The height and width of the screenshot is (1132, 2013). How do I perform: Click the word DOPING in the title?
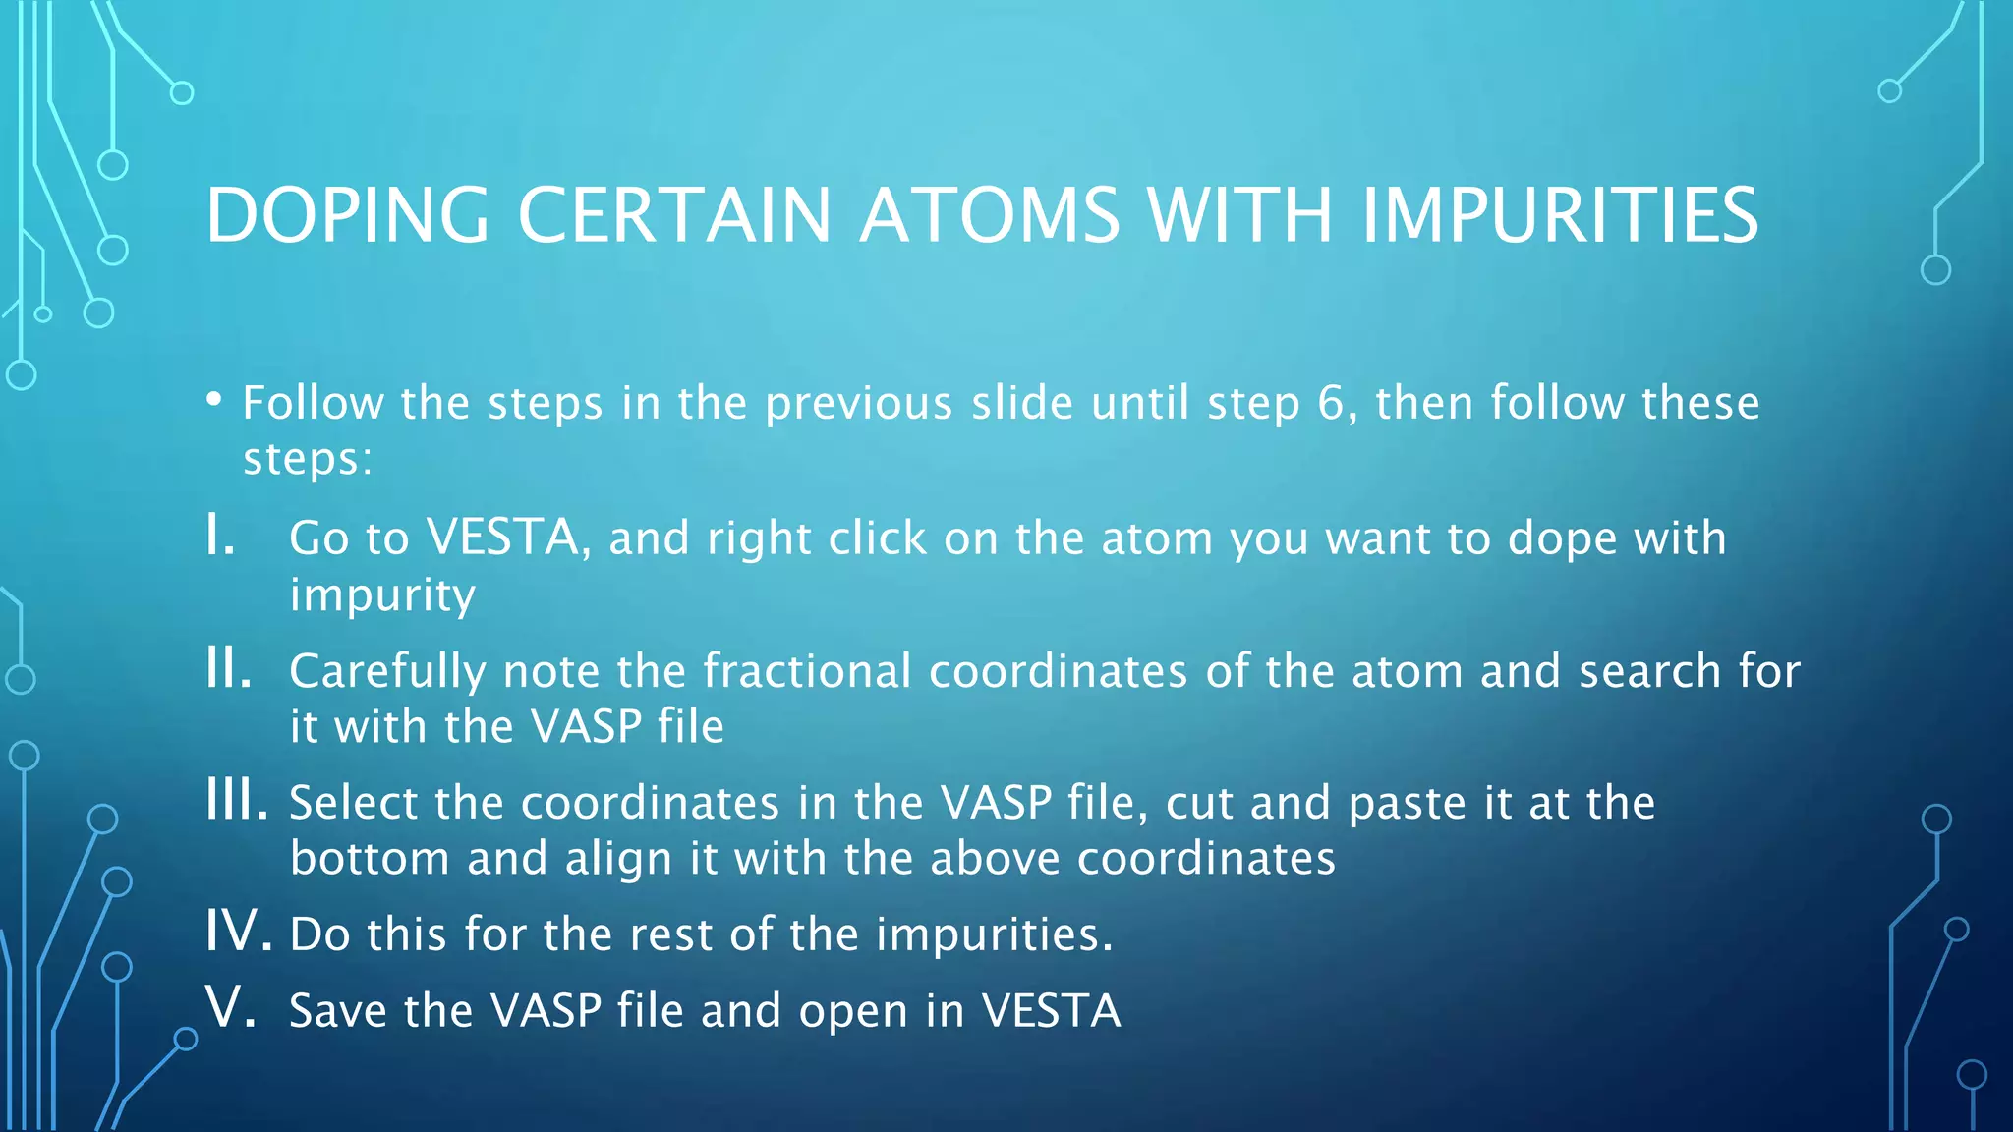pyautogui.click(x=347, y=215)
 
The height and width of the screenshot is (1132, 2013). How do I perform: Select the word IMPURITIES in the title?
pyautogui.click(x=1560, y=215)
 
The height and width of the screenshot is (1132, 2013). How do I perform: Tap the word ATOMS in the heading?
pyautogui.click(x=989, y=215)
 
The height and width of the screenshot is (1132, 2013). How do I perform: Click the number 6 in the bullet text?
pyautogui.click(x=1330, y=403)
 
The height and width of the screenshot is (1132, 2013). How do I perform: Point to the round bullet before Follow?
pyautogui.click(x=214, y=400)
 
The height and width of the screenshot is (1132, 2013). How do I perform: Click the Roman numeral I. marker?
pyautogui.click(x=220, y=537)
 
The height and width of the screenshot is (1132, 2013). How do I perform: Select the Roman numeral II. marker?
pyautogui.click(x=228, y=670)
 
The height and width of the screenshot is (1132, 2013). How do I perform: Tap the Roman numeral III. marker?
pyautogui.click(x=236, y=801)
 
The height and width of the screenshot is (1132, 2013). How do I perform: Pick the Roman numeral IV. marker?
pyautogui.click(x=237, y=932)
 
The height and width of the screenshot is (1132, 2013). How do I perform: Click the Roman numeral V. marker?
pyautogui.click(x=231, y=1008)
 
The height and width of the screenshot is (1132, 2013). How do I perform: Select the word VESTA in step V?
pyautogui.click(x=1051, y=1010)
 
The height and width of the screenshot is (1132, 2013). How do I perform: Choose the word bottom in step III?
pyautogui.click(x=370, y=858)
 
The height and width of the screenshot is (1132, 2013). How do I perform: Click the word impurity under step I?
pyautogui.click(x=381, y=595)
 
